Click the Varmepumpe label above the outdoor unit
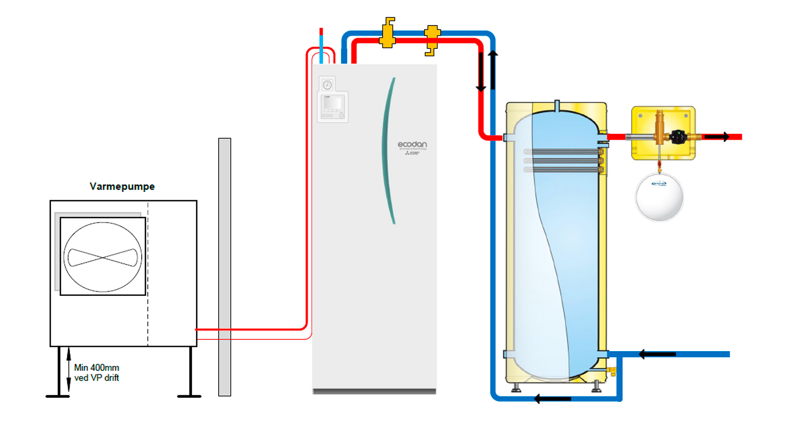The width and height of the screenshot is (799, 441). tap(122, 187)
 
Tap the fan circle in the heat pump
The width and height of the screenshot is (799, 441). tap(103, 257)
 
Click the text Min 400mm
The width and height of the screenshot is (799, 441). tap(96, 368)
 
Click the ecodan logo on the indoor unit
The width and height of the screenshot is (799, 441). tap(412, 145)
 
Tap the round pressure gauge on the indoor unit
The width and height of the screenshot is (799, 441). tap(327, 85)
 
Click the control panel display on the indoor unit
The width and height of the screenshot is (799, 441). tap(332, 103)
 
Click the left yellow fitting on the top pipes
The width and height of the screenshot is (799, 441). tap(387, 33)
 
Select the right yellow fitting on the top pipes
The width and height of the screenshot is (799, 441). tap(431, 40)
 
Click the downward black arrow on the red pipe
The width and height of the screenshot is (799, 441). tap(481, 73)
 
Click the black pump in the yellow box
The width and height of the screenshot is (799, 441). tap(678, 137)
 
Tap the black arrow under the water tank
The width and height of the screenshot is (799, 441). tap(552, 399)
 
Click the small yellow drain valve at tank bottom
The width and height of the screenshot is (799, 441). tap(612, 371)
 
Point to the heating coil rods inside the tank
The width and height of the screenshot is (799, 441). tap(563, 161)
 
